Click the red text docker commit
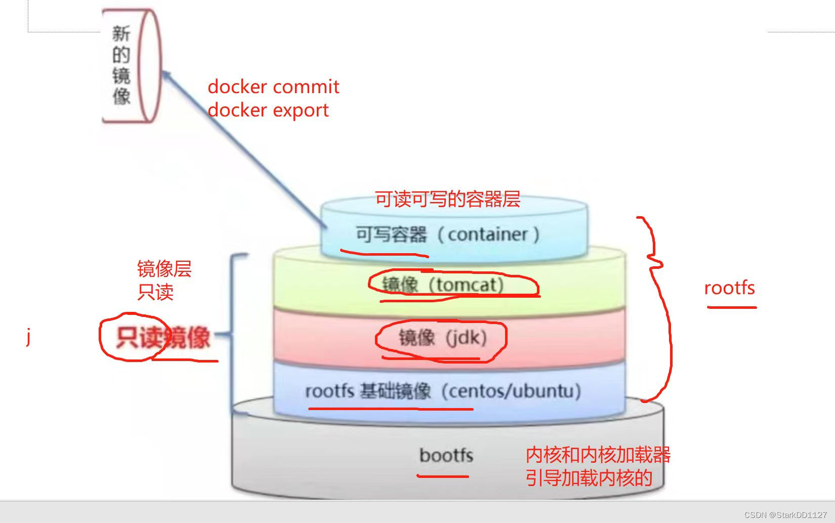point(273,87)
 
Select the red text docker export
point(268,110)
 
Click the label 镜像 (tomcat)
point(443,285)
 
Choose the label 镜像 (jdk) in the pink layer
point(442,337)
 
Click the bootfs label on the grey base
point(446,455)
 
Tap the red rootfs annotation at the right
point(729,288)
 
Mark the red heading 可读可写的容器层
point(447,199)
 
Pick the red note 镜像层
point(164,269)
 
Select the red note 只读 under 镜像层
point(155,292)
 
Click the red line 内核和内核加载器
point(598,455)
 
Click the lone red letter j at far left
point(29,336)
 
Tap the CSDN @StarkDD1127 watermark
point(785,514)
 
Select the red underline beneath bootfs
point(443,476)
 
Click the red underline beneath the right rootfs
point(731,307)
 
